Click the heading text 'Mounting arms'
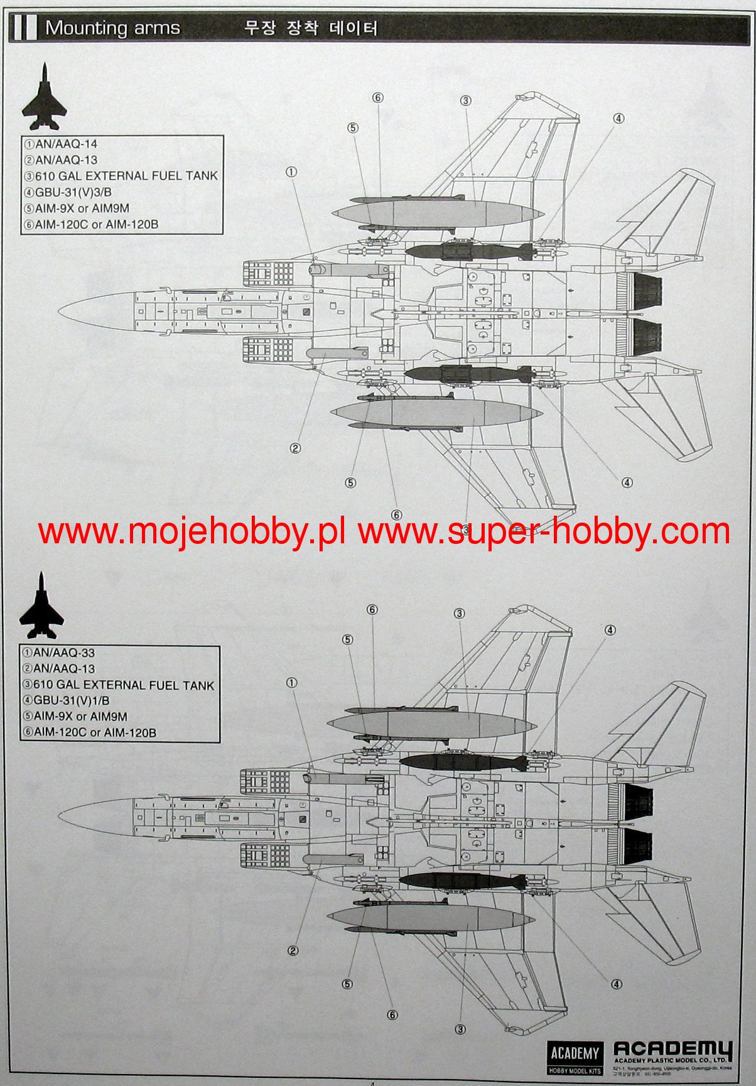click(x=112, y=28)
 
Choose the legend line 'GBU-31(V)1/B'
click(x=72, y=700)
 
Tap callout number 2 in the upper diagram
click(x=295, y=448)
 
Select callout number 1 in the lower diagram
click(x=291, y=683)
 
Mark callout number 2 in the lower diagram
click(x=293, y=951)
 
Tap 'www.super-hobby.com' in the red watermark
click(x=544, y=533)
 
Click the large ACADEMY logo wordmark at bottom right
click(x=672, y=1050)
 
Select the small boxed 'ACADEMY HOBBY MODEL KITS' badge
click(x=575, y=1059)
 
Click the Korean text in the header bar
click(x=311, y=28)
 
